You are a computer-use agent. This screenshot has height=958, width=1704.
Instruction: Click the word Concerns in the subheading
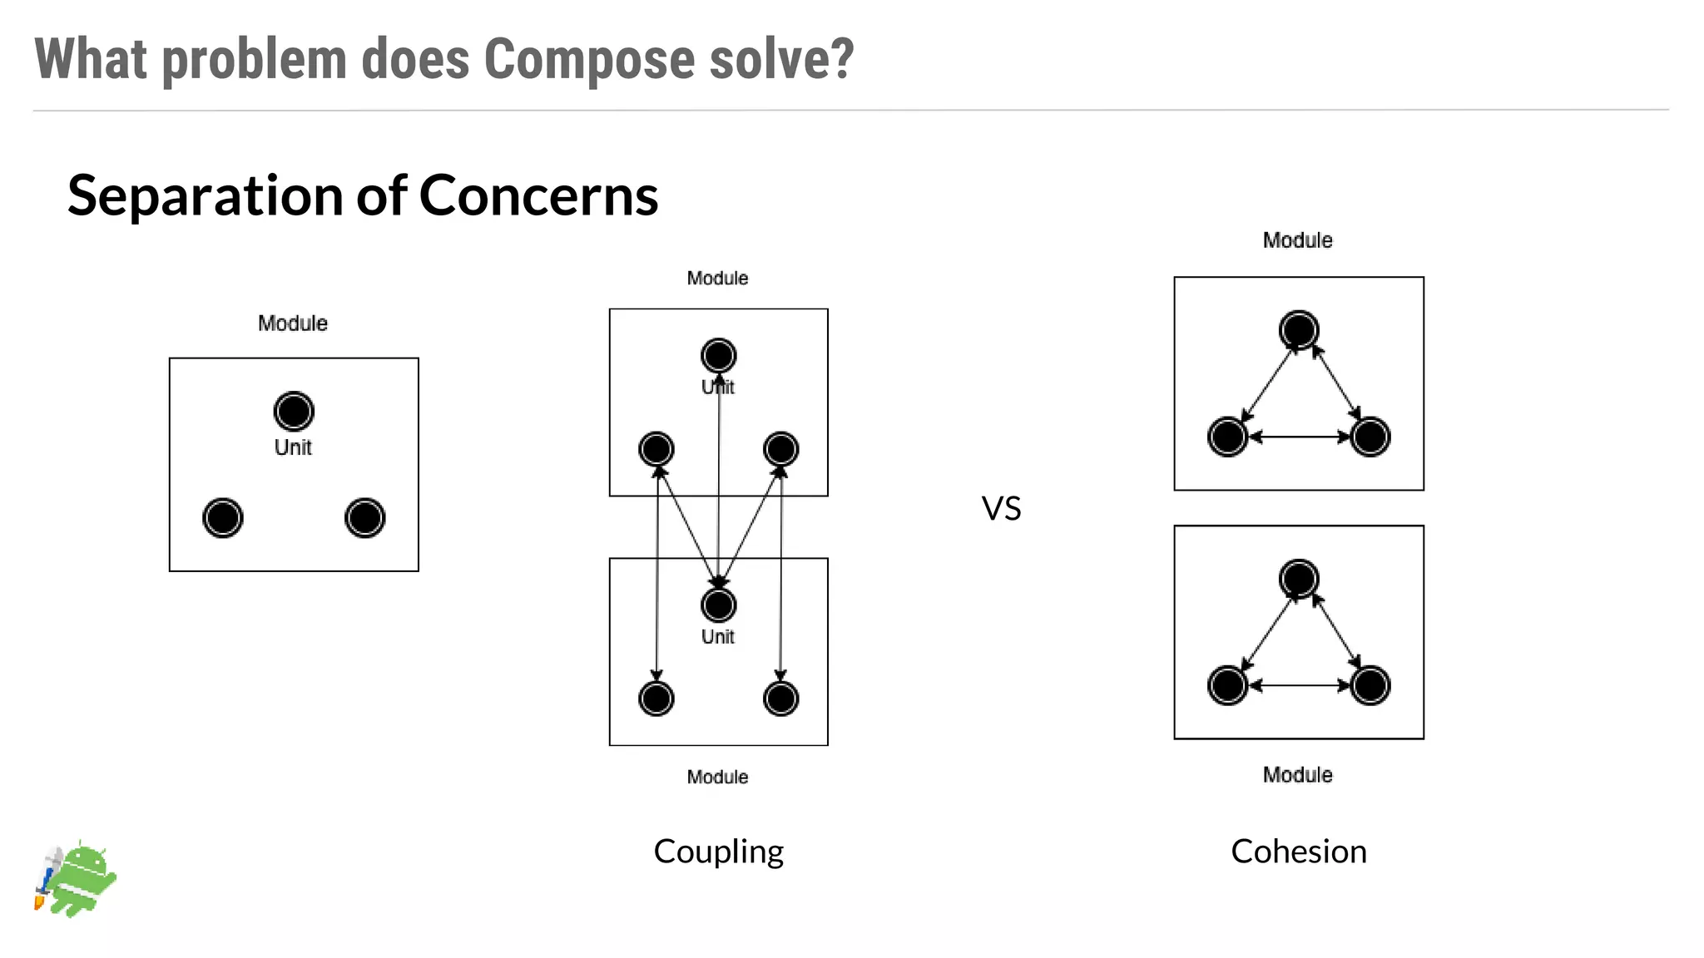click(538, 196)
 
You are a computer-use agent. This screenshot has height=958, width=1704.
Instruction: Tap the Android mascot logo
click(77, 879)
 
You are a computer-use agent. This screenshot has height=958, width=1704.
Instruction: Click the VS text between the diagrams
click(1001, 508)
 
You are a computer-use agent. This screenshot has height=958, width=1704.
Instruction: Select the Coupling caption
click(718, 852)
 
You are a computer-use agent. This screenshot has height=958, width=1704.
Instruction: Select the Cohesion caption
click(1298, 852)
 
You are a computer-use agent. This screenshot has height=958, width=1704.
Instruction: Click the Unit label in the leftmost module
click(293, 447)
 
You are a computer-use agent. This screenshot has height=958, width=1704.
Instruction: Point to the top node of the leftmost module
click(294, 411)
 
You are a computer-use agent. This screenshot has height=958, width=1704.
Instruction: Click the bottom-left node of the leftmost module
click(223, 518)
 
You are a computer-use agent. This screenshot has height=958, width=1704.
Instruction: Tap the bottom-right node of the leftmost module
click(364, 518)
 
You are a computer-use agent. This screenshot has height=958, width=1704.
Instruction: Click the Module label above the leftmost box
click(293, 323)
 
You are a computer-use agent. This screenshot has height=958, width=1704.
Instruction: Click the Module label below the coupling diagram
click(717, 777)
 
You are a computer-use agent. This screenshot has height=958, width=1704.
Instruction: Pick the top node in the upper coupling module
click(719, 356)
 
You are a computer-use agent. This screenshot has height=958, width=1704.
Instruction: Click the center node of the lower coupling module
click(719, 605)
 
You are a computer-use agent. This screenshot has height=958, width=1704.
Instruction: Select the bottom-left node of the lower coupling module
click(656, 699)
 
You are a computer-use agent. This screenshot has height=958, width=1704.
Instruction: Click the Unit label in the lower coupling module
click(717, 637)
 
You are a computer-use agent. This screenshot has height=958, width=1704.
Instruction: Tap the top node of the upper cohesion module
click(1299, 329)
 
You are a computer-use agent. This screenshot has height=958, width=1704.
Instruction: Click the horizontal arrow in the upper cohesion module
click(1299, 437)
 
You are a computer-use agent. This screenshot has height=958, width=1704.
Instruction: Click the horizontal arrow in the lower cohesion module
click(1299, 685)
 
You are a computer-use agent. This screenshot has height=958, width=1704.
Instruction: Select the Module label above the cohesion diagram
click(1297, 240)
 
